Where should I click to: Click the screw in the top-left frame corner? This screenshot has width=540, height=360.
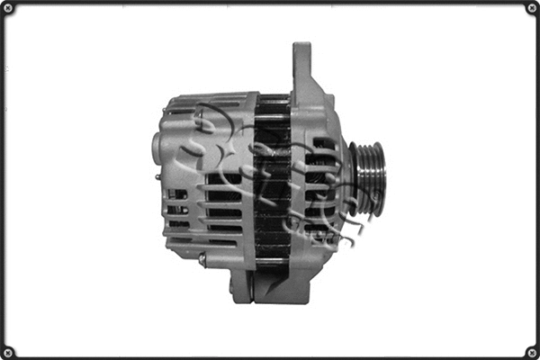tap(8, 8)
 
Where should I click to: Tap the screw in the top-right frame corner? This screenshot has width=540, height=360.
tap(531, 8)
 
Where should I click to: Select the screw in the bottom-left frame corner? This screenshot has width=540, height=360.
tap(8, 351)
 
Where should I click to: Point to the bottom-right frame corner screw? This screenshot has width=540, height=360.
tap(531, 351)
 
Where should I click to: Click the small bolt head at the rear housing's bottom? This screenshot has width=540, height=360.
tap(202, 259)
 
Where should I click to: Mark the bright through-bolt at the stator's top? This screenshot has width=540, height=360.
tap(273, 100)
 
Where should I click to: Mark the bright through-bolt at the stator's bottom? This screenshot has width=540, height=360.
tap(273, 262)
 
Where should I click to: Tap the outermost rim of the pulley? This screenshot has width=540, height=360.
tap(380, 178)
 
